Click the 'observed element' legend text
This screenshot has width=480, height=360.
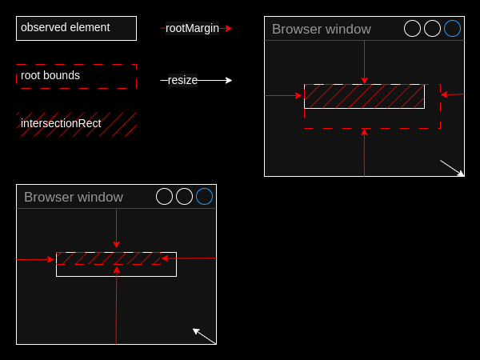tap(66, 27)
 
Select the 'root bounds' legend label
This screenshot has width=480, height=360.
tap(50, 75)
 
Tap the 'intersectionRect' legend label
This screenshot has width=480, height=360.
tap(61, 123)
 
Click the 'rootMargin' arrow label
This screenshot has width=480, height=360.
tap(192, 29)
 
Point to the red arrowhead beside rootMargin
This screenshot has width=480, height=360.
tap(229, 29)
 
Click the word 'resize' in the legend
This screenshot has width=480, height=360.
tap(182, 80)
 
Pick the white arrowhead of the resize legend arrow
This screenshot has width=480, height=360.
tap(229, 80)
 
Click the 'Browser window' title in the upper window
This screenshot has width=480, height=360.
tap(322, 29)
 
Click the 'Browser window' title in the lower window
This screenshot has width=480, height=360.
tap(74, 197)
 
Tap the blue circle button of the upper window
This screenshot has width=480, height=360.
tap(453, 29)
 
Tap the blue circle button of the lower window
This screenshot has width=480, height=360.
tap(205, 196)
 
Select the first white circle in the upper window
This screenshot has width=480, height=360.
tap(412, 29)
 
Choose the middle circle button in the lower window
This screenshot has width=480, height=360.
tap(184, 196)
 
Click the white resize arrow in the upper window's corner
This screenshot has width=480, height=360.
tap(452, 168)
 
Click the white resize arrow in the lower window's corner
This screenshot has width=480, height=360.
tap(204, 336)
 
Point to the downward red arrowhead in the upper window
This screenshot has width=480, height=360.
tap(364, 81)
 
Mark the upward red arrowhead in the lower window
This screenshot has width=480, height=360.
tap(116, 270)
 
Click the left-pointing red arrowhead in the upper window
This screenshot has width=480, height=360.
tap(444, 94)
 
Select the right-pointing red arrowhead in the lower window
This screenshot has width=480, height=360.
tap(50, 259)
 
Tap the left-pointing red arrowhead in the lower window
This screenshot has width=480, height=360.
tap(165, 258)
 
